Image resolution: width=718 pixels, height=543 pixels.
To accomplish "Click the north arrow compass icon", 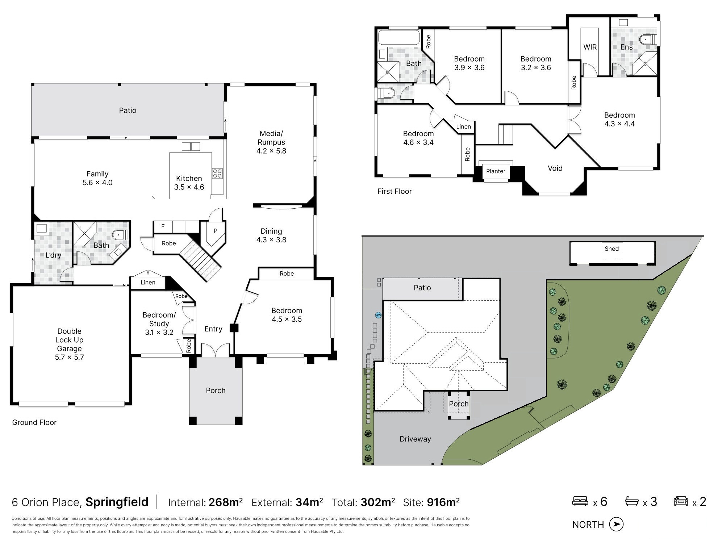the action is pos(616,524).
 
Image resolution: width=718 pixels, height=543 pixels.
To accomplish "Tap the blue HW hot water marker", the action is pos(378,315).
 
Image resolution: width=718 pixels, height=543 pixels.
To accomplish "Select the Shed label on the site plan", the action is pos(611,248).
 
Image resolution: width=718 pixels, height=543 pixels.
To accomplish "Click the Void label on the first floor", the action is pos(555,168).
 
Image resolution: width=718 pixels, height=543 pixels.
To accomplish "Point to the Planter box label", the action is pos(496,171).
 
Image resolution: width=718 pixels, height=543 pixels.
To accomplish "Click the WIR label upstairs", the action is pos(590,47).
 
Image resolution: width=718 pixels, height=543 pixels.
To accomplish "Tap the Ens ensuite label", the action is pos(626,47).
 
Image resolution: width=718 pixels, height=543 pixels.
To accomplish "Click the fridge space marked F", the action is pos(163,227).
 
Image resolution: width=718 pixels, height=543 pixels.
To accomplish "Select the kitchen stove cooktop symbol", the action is pos(217,173).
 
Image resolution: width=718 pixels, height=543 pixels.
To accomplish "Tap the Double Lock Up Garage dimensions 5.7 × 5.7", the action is pos(69,357).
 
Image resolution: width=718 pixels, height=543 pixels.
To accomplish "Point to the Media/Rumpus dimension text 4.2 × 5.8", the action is pos(271,151).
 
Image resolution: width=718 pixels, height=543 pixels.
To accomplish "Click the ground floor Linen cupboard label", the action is pos(148,283).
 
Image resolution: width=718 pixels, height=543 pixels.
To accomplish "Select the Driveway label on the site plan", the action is pos(415,439).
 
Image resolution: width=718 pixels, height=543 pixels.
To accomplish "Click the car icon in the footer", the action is pos(681,501).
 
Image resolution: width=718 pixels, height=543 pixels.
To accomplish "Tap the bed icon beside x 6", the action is pos(580,501).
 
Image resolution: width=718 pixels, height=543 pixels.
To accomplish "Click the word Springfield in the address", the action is pos(117,502).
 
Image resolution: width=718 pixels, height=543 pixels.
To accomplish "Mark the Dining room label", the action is pos(271,231).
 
